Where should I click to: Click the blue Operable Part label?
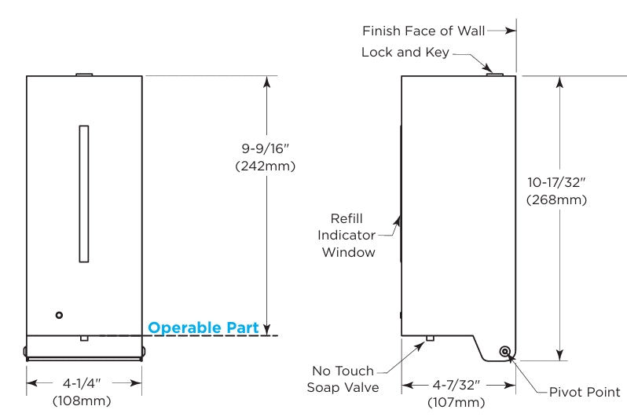tap(203, 327)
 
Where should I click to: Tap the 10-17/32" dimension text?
tap(557, 182)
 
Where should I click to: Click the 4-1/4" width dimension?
tap(85, 384)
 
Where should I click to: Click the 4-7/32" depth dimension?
tap(459, 385)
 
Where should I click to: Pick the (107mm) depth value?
tap(459, 402)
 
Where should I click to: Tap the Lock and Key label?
tap(405, 53)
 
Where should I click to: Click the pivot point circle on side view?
tap(504, 352)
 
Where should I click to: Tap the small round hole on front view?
tap(58, 314)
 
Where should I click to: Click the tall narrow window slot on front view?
tap(83, 193)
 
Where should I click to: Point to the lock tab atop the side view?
tap(493, 73)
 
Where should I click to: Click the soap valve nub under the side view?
tap(430, 339)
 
